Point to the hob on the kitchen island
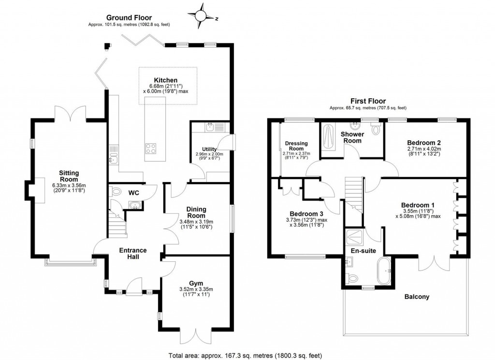coord(150,148)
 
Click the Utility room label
coord(210,149)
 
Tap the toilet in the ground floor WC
coord(116,192)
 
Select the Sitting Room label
coord(69,175)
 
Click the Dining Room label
coord(196,212)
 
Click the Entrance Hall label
coord(133,253)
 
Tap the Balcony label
coord(417,297)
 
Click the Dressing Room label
coord(296,146)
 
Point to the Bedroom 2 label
coord(423,142)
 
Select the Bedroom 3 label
coord(306,213)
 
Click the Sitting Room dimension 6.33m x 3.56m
coord(69,185)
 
